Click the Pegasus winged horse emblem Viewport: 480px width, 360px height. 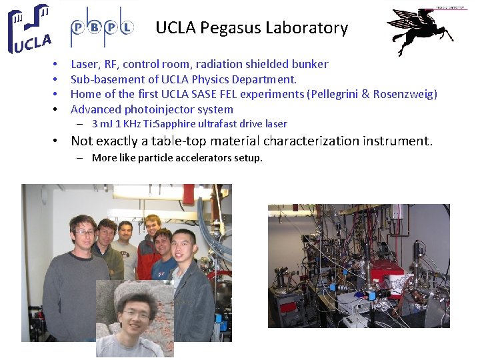tap(420, 31)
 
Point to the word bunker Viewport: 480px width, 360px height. tap(309, 64)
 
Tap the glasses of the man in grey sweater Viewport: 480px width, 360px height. tap(85, 232)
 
